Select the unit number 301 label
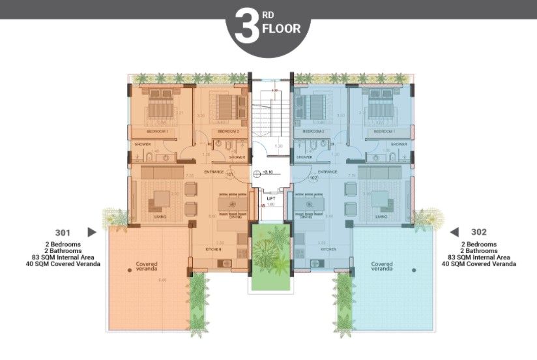pos(64,232)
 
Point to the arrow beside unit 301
pos(92,232)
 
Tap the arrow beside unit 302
pos(454,232)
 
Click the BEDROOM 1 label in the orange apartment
pos(158,132)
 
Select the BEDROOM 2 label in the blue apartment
pos(313,132)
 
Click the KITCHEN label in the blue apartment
pos(328,249)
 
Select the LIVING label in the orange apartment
pos(160,217)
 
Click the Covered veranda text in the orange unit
pos(147,267)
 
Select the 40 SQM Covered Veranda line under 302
pos(478,264)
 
